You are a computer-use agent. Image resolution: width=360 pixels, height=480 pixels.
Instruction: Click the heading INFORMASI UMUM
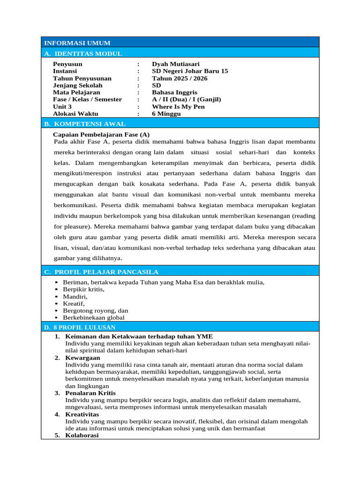click(x=76, y=43)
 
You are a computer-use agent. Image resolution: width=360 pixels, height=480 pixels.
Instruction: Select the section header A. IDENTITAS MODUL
click(x=83, y=53)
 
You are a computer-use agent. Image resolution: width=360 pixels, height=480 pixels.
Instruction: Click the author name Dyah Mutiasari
click(x=175, y=64)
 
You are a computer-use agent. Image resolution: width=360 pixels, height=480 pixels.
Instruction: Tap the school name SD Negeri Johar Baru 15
click(x=190, y=71)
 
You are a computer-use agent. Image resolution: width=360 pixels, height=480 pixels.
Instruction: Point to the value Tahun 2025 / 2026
click(x=180, y=78)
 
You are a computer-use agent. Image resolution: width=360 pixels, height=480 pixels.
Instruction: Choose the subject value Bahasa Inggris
click(x=174, y=92)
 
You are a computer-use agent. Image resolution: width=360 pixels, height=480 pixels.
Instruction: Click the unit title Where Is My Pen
click(x=178, y=106)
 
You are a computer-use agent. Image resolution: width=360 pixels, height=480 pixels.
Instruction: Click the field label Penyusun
click(x=67, y=64)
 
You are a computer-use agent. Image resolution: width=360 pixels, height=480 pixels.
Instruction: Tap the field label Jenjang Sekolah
click(x=77, y=85)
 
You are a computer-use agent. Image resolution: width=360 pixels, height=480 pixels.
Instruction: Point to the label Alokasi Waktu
click(x=75, y=113)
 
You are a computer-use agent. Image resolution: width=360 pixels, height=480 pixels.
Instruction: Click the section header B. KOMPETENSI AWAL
click(x=85, y=124)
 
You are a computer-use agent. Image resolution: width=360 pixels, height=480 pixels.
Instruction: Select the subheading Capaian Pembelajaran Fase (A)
click(x=101, y=134)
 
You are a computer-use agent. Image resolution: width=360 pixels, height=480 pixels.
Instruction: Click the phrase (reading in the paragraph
click(x=304, y=216)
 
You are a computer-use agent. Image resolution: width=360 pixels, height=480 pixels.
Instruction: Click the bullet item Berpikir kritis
click(x=83, y=289)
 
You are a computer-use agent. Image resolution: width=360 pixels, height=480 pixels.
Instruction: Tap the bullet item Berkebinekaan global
click(x=94, y=317)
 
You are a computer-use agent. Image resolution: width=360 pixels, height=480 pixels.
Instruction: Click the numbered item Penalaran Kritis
click(x=90, y=393)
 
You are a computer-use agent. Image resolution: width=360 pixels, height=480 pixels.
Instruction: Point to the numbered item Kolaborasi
click(x=82, y=435)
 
